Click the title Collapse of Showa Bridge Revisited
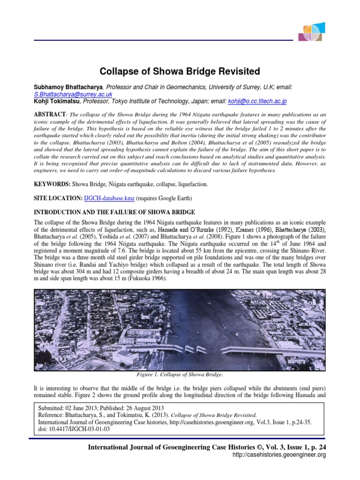coord(180,72)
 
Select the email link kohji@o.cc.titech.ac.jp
coord(257,101)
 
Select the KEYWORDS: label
coord(52,184)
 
